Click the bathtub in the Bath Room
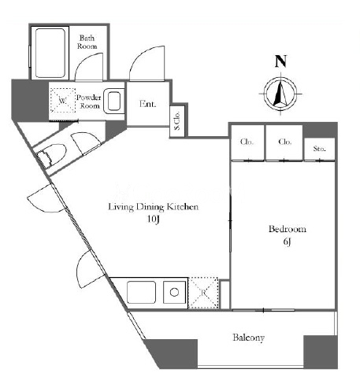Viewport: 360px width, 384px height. pos(50,53)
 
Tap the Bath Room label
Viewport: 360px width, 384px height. pos(87,42)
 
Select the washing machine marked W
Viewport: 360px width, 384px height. pos(63,100)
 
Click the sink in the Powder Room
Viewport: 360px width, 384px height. pos(113,102)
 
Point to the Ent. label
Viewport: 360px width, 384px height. pos(147,104)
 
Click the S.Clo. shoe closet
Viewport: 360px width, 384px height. pos(177,121)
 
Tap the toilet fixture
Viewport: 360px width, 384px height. pos(51,155)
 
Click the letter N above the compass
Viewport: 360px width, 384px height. pos(280,61)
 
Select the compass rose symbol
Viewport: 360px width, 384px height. pos(280,94)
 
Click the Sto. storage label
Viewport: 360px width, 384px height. pos(320,149)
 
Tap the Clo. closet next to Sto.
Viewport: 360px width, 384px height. pos(284,142)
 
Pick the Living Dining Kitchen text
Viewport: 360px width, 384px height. pos(154,207)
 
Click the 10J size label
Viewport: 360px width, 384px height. pos(154,220)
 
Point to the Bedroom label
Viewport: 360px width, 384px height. pos(288,229)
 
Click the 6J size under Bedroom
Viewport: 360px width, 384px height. pos(287,242)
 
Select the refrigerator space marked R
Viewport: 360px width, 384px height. pos(203,293)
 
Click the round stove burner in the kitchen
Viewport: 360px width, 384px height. pos(174,292)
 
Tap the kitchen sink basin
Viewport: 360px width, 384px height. pos(141,293)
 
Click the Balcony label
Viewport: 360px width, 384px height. pos(248,338)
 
